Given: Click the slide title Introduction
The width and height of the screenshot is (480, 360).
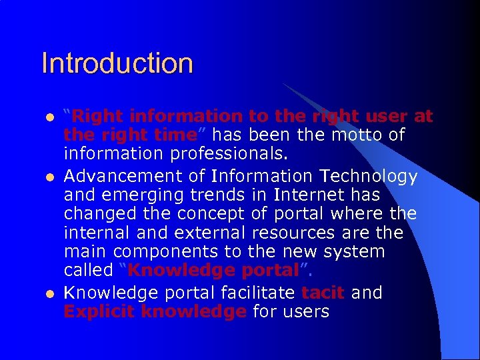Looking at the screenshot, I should (x=117, y=63).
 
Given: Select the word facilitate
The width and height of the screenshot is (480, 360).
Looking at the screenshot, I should (x=252, y=292).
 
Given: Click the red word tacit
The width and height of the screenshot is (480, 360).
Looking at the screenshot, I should (x=323, y=292).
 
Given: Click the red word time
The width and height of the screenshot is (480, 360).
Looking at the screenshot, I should (x=175, y=135).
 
